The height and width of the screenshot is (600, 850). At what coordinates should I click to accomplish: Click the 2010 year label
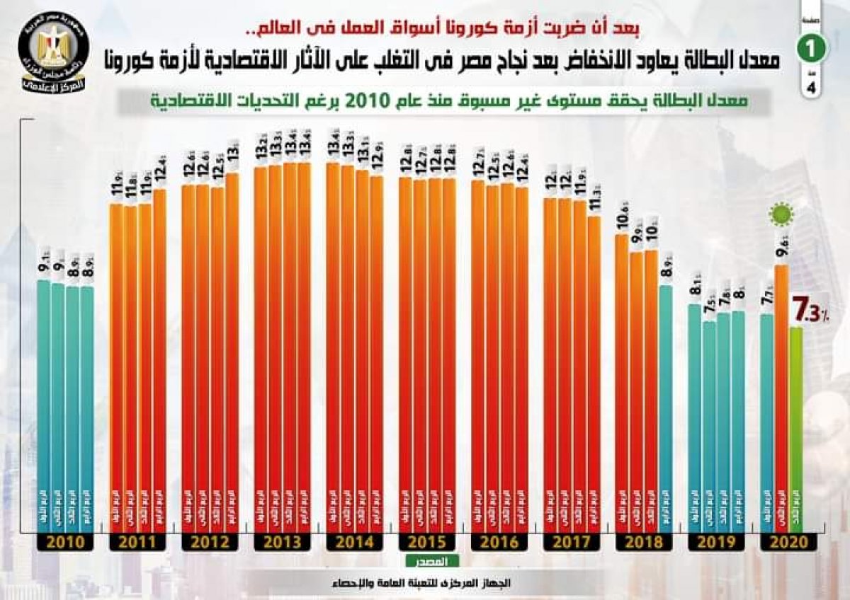[x=65, y=543]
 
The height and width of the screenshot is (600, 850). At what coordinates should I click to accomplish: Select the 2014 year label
[x=354, y=543]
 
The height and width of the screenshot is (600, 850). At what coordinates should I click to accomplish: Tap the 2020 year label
[x=788, y=543]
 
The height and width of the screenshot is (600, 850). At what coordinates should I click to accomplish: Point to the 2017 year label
[x=571, y=543]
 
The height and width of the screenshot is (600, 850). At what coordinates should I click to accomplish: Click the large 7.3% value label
[x=810, y=312]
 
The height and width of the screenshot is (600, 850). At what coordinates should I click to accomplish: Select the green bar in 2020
[x=796, y=425]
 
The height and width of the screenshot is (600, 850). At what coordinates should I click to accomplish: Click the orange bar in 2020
[x=781, y=396]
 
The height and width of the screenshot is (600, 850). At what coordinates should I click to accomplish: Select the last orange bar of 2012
[x=232, y=354]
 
